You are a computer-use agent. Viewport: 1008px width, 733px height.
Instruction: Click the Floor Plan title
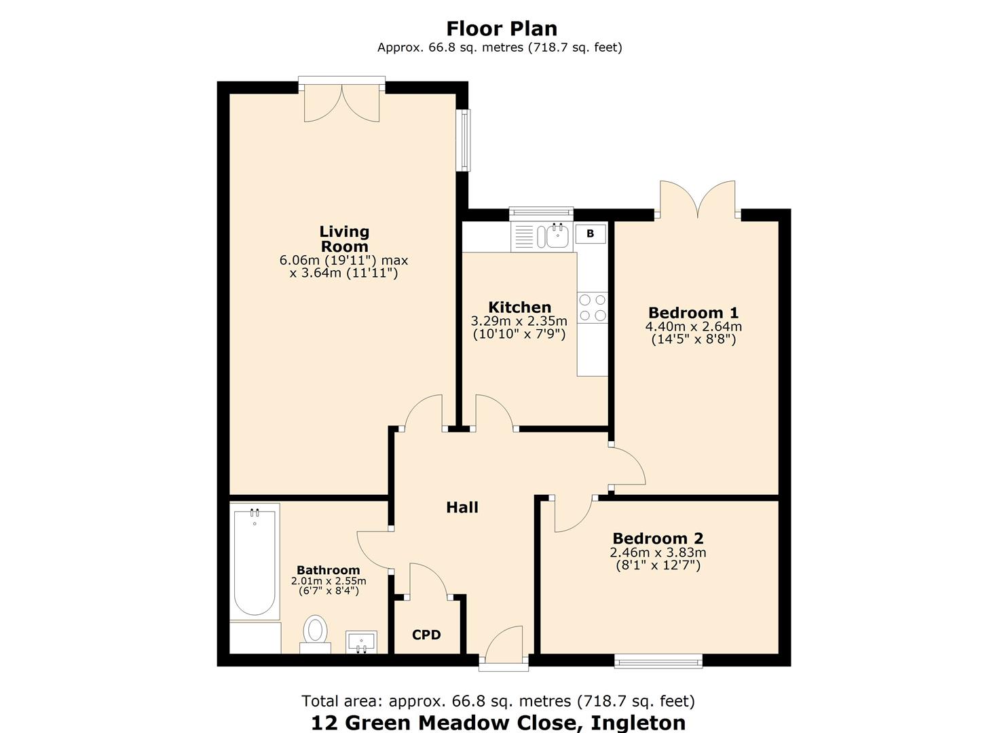(502, 29)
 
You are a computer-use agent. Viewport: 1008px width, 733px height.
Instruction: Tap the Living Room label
(344, 240)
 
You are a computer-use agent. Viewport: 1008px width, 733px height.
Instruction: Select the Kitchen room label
(519, 307)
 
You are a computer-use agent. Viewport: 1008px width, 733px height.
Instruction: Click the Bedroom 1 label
(693, 313)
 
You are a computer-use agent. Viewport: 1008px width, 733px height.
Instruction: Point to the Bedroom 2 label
(658, 539)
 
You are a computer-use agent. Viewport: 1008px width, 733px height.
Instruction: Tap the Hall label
(462, 508)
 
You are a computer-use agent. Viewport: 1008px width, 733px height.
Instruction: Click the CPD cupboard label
(426, 635)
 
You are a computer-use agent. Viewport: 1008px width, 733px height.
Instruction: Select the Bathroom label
(328, 570)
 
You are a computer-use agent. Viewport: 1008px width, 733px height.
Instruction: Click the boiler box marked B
(591, 233)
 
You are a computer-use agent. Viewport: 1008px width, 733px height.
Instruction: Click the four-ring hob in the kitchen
(593, 307)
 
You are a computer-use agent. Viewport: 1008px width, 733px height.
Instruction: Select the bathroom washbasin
(361, 641)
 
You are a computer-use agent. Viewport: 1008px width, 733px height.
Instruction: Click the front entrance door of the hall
(504, 648)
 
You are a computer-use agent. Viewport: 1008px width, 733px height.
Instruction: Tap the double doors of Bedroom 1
(697, 200)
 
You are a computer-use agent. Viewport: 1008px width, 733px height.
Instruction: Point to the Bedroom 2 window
(658, 660)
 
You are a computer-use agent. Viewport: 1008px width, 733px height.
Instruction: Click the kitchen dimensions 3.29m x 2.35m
(519, 321)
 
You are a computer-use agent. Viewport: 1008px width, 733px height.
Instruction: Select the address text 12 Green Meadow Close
(498, 722)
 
